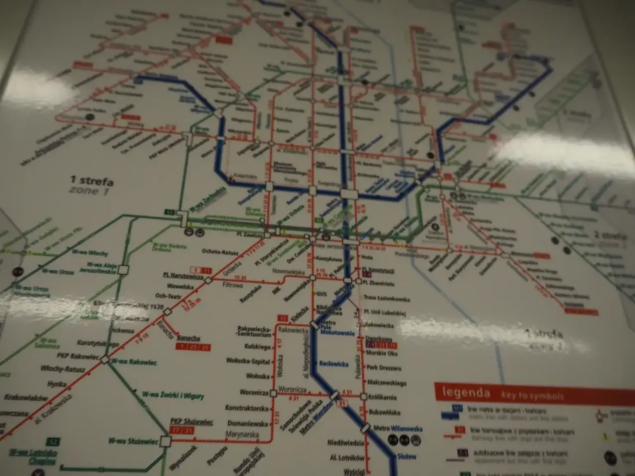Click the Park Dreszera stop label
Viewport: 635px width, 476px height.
(384, 368)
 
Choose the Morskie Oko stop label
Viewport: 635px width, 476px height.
(382, 354)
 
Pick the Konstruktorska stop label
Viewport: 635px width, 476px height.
(247, 408)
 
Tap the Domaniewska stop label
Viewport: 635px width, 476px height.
(248, 424)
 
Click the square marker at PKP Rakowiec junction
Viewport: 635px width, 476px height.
(105, 359)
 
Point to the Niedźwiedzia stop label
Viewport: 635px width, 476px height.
(345, 442)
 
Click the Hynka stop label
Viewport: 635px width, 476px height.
(57, 384)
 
